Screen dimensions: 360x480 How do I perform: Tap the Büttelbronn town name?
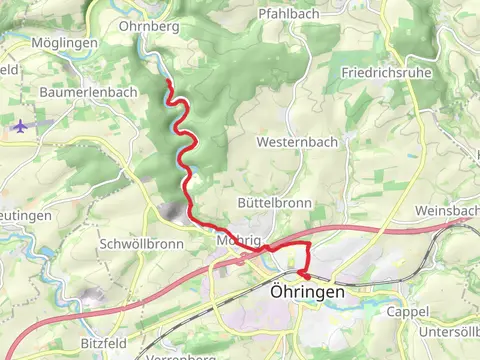pos(274,202)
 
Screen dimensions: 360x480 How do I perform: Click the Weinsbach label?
pos(447,212)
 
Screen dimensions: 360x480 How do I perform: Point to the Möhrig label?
pos(237,241)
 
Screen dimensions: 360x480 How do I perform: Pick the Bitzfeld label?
pos(104,342)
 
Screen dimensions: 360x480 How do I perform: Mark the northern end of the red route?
pos(167,82)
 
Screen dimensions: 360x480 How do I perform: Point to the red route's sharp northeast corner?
pos(310,243)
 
